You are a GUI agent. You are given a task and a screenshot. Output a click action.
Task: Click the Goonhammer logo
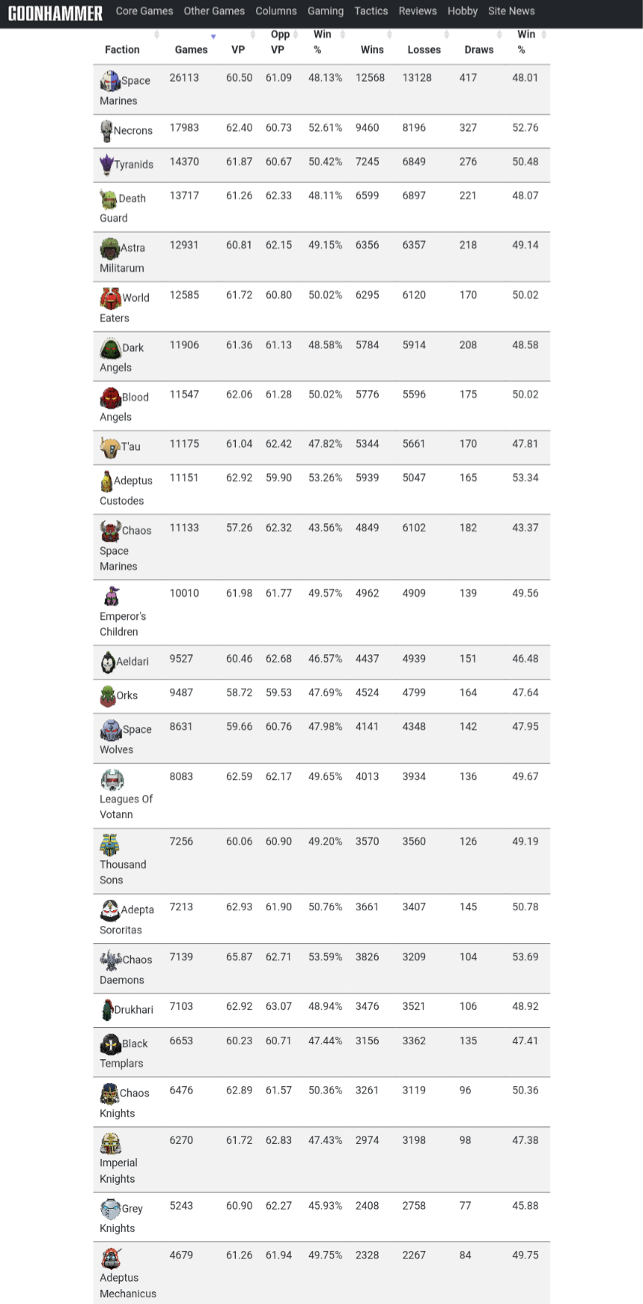(x=55, y=13)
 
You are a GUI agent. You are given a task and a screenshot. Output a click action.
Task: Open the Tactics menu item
(x=371, y=11)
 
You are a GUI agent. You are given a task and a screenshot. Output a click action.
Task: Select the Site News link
(x=511, y=11)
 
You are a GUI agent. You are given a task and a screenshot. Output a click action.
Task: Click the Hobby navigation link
(x=462, y=11)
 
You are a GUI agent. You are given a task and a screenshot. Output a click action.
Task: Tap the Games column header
(x=191, y=50)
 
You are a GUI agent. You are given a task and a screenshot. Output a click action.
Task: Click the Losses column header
(x=424, y=50)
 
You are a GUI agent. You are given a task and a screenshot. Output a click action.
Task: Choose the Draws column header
(x=479, y=50)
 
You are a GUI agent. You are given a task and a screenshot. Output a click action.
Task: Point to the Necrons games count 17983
(x=184, y=128)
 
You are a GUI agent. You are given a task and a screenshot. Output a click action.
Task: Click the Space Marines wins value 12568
(x=370, y=77)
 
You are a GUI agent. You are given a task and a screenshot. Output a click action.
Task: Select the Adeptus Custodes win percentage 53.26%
(x=325, y=478)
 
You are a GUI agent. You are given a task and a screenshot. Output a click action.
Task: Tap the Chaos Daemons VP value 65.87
(x=239, y=957)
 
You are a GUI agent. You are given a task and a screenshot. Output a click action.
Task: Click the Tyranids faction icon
(x=106, y=164)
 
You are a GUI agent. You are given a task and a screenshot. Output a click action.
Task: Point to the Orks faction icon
(x=108, y=696)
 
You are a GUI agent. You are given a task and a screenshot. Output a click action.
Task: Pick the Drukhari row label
(x=133, y=1010)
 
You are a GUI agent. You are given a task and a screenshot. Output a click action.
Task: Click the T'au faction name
(x=131, y=447)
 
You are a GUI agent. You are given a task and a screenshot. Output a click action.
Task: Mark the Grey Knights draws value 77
(x=465, y=1206)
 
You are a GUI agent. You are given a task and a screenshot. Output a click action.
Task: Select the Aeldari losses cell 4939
(x=414, y=659)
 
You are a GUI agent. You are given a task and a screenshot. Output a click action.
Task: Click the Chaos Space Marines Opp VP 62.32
(x=278, y=528)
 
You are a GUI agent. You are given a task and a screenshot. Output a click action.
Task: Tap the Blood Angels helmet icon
(x=110, y=397)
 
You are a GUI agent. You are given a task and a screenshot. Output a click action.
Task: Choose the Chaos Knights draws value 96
(x=465, y=1090)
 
